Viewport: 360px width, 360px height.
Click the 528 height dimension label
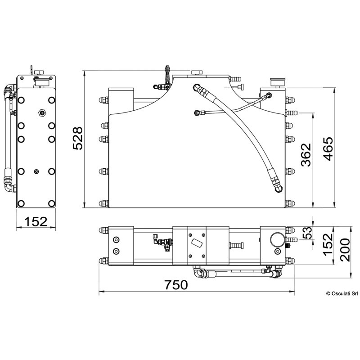point(77,139)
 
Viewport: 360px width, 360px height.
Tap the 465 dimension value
point(328,149)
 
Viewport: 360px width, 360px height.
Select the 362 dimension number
point(306,155)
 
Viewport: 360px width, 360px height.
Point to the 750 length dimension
point(176,285)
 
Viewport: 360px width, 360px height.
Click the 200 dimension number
point(345,250)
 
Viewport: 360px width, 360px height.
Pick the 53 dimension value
point(307,233)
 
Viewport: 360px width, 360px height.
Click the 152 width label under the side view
point(36,221)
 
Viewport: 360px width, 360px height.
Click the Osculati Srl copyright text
point(342,293)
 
